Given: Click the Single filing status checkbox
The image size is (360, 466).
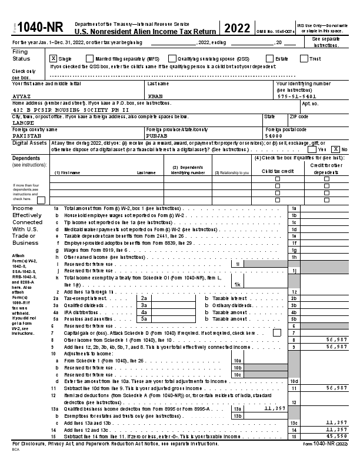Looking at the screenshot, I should pyautogui.click(x=53, y=58).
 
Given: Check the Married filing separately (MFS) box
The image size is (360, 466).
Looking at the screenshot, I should pyautogui.click(x=89, y=58).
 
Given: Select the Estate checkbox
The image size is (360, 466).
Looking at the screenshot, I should pyautogui.click(x=269, y=58).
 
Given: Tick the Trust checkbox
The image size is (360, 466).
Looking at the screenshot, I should pyautogui.click(x=304, y=58).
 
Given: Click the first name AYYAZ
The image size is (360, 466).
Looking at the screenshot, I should pyautogui.click(x=21, y=96).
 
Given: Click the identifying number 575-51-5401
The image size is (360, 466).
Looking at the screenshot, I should pyautogui.click(x=297, y=96).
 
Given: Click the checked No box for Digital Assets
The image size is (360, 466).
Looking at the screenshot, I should pyautogui.click(x=336, y=149).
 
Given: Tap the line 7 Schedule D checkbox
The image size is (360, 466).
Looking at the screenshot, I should pyautogui.click(x=277, y=333).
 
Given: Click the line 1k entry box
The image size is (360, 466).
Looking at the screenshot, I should pyautogui.click(x=238, y=284).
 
